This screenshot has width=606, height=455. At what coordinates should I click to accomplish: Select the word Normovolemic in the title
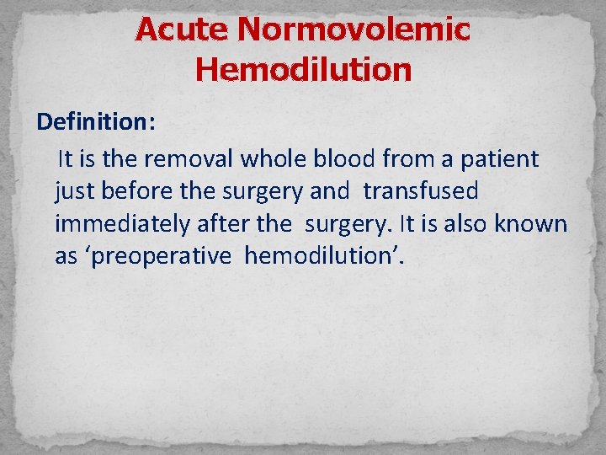(353, 30)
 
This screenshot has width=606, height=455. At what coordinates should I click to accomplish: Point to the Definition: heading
(95, 123)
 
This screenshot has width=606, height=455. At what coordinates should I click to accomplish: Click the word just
(74, 191)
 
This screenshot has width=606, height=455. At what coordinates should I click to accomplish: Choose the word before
(137, 191)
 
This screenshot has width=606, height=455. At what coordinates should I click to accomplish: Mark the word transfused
(421, 191)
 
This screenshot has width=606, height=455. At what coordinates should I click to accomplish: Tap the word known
(537, 224)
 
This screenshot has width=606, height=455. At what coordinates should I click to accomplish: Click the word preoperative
(159, 256)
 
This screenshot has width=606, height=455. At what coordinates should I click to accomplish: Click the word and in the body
(329, 191)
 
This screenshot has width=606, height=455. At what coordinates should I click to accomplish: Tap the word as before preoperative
(66, 256)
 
